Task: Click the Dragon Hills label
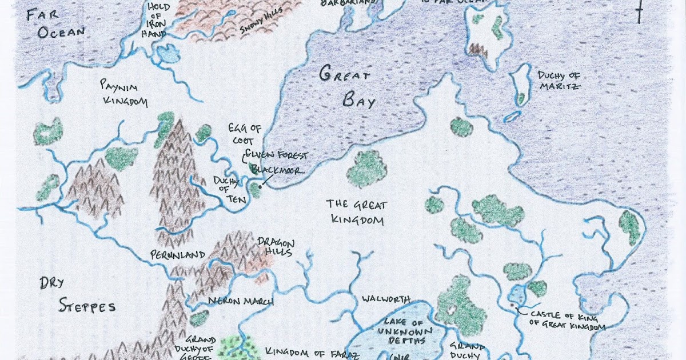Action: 275,247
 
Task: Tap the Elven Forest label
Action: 277,155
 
